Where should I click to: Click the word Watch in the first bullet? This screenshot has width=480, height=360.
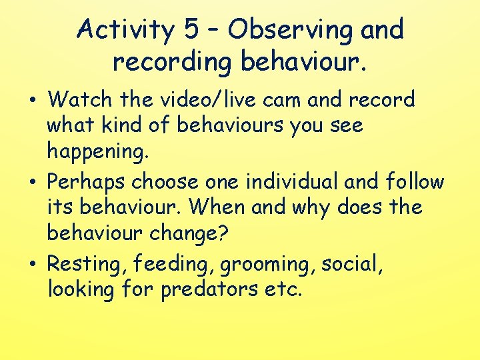(x=77, y=100)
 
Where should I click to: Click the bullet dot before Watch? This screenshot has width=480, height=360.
(x=33, y=101)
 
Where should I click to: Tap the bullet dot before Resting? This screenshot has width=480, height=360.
(x=33, y=265)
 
